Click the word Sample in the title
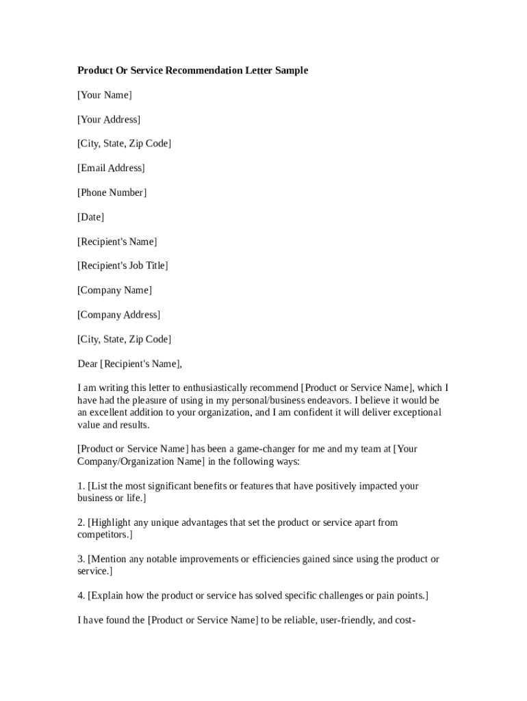[x=292, y=71]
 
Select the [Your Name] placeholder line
[x=104, y=95]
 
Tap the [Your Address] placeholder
[x=109, y=120]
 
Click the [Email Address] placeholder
[x=111, y=168]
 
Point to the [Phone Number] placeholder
[x=112, y=193]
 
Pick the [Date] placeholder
[x=90, y=218]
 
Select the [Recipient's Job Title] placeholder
[x=123, y=266]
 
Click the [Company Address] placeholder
[x=118, y=315]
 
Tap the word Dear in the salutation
[x=88, y=364]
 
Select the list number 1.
[x=81, y=486]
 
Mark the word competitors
[x=104, y=535]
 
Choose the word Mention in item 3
[x=110, y=559]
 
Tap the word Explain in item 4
[x=108, y=596]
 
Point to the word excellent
[x=110, y=413]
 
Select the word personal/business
[x=250, y=400]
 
